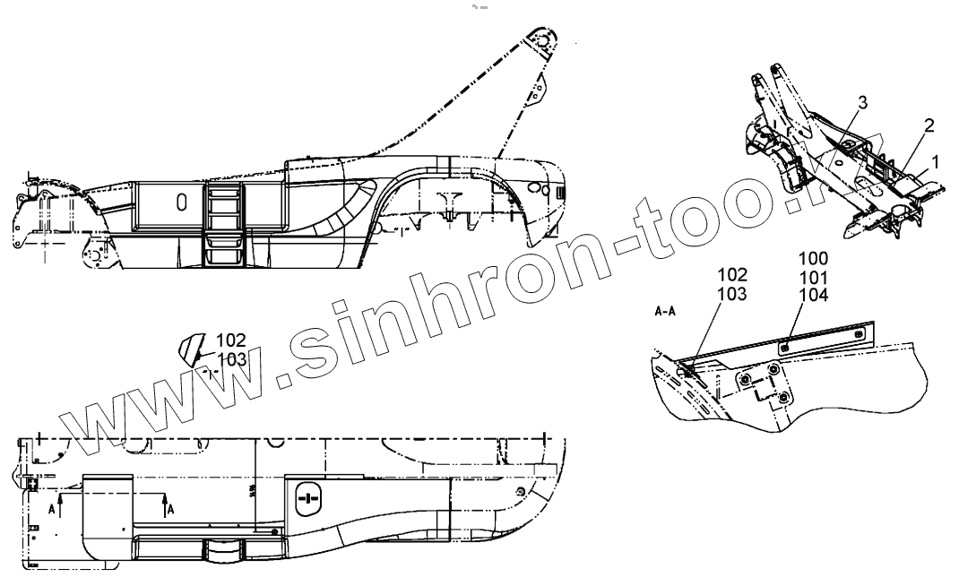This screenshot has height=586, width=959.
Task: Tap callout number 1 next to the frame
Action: tap(935, 161)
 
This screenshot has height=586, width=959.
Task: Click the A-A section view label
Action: tap(666, 314)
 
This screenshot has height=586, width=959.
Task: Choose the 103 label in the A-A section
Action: tap(732, 291)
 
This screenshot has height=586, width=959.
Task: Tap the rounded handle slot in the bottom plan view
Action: tap(307, 498)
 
